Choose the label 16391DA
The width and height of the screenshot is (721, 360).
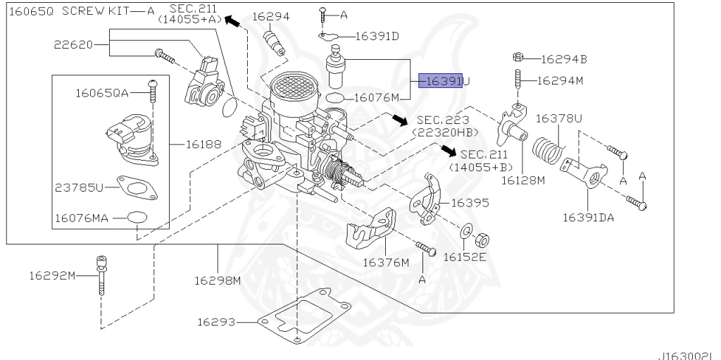point(587,217)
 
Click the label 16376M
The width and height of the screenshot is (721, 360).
point(385,263)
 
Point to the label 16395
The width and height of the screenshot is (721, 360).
point(470,202)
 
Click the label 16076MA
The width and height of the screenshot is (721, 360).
point(82,218)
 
